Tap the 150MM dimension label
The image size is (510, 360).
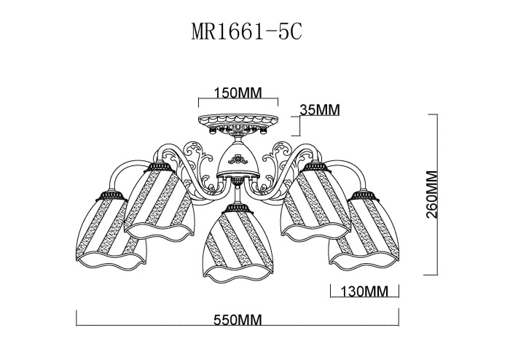point(240,93)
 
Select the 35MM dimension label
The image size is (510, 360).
point(320,110)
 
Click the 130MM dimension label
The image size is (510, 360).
point(364,291)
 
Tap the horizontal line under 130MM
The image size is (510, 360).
point(364,300)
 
